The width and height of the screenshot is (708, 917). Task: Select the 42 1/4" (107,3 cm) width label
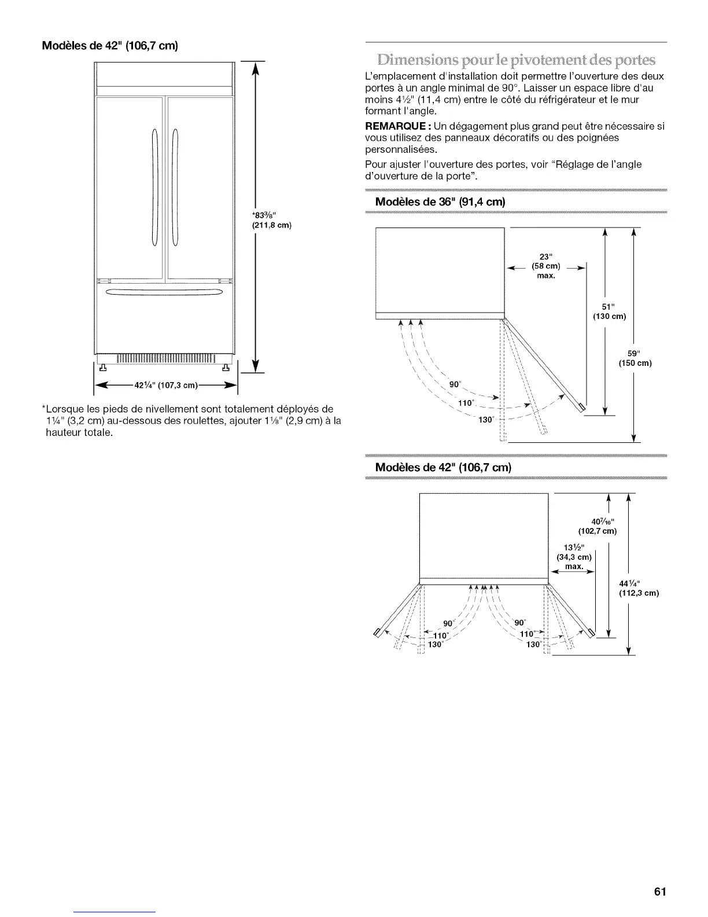(x=166, y=386)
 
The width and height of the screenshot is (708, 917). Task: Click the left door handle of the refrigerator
(x=154, y=188)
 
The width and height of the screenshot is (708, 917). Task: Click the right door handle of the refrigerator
(x=175, y=188)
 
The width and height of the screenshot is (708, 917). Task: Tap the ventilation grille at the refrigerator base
(x=164, y=360)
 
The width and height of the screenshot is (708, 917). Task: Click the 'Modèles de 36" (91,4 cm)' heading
(x=440, y=202)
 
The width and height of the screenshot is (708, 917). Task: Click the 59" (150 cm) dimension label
(x=635, y=358)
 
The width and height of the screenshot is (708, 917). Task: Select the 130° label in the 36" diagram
(x=485, y=420)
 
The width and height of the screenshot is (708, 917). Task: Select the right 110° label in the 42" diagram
(x=528, y=634)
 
